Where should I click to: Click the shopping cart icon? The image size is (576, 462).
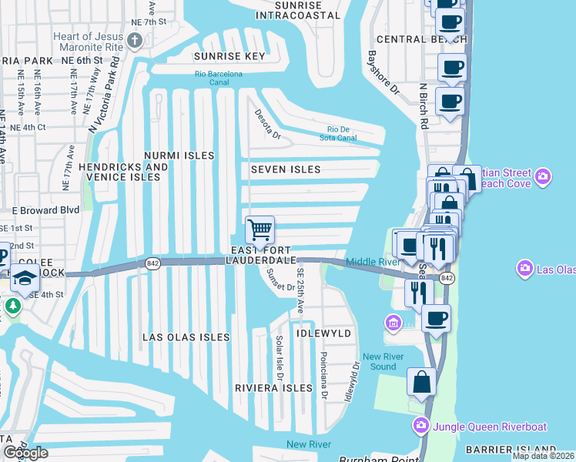click(x=260, y=229)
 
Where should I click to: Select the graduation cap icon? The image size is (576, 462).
click(x=25, y=278)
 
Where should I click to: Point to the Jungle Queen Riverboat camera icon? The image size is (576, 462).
click(x=420, y=424)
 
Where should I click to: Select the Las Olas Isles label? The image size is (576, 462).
click(x=186, y=337)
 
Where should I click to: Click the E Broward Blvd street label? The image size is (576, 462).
click(x=45, y=209)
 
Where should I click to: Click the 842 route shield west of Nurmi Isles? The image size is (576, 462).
click(x=152, y=263)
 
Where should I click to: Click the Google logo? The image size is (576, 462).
click(x=25, y=453)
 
